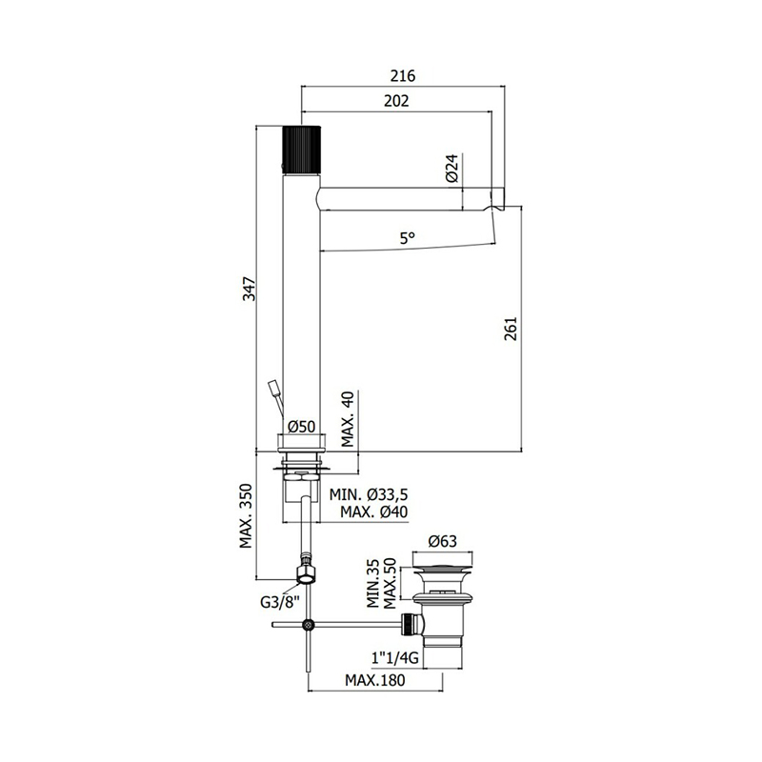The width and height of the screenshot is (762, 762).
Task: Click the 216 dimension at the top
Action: point(403,76)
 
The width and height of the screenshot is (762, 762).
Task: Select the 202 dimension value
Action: point(396,101)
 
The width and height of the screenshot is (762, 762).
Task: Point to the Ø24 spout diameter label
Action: point(451,169)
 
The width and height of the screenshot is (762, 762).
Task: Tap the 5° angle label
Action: point(408,238)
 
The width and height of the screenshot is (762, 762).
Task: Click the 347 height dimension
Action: point(250,289)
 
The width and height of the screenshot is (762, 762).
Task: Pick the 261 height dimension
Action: point(511,329)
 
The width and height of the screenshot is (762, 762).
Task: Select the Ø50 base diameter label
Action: point(301,427)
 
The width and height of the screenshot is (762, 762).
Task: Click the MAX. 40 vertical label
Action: point(348,419)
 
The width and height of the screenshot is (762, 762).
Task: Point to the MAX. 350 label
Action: point(247,515)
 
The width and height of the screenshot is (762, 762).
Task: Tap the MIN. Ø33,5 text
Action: point(369,494)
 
